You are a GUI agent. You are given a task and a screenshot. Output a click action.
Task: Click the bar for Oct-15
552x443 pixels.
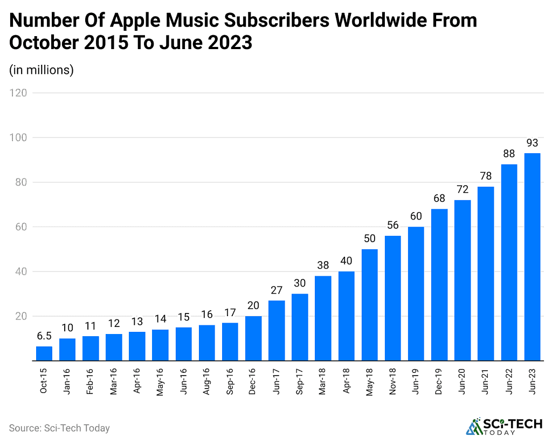click(44, 353)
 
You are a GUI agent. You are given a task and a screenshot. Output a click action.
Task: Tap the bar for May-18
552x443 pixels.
click(369, 305)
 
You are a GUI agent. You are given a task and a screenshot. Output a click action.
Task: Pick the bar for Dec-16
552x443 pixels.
click(253, 338)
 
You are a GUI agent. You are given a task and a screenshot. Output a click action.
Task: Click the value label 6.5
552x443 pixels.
click(44, 336)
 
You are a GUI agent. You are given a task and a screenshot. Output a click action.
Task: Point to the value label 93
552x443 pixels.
click(532, 143)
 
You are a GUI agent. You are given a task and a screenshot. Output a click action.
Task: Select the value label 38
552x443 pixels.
click(323, 266)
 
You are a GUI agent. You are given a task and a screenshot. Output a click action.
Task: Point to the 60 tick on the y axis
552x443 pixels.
click(21, 227)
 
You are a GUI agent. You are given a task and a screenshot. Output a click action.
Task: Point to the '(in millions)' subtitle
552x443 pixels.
click(42, 70)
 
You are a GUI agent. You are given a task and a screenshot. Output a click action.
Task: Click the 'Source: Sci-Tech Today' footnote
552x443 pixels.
click(59, 428)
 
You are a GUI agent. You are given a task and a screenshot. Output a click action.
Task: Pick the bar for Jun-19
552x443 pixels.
click(416, 294)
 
